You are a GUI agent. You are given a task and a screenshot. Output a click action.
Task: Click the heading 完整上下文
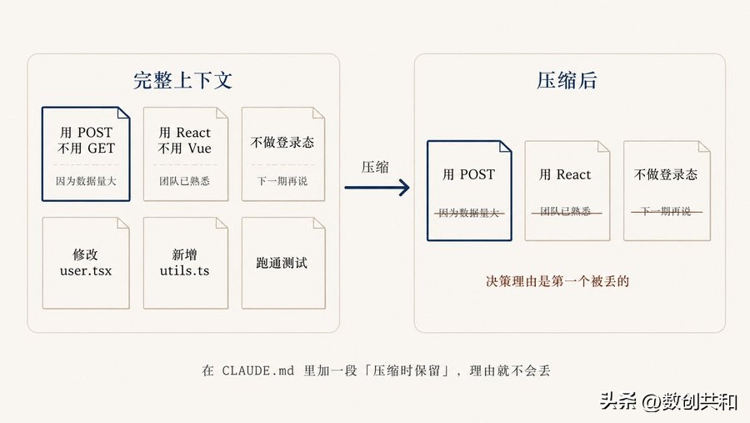coord(182,80)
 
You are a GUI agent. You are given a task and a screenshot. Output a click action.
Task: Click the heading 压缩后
coord(567,80)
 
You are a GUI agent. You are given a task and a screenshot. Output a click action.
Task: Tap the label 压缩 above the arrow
coord(375,166)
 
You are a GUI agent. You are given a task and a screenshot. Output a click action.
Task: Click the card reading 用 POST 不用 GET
coord(86,154)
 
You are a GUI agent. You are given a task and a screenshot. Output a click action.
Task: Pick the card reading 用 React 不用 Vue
coord(184,154)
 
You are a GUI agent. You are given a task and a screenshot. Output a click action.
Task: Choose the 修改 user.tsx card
coord(85,263)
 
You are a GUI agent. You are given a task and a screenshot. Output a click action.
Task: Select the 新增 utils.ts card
coord(184,263)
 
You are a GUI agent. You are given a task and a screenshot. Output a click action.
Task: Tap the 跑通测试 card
coord(282,263)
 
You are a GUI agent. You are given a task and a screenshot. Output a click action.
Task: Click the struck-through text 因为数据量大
coord(468,212)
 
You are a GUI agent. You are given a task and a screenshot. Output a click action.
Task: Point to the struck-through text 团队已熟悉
coord(565,212)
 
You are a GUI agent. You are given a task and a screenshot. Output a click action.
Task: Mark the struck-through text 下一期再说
coord(665,212)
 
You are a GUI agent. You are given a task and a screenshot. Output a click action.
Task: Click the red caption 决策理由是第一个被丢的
coord(557,281)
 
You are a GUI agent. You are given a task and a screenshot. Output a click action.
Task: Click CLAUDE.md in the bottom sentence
coord(258,370)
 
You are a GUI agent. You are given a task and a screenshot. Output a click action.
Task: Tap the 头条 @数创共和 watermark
coord(667,401)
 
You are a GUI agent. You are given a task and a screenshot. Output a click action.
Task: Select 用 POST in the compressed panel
coord(468,174)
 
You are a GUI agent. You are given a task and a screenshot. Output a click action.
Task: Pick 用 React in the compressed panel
coord(565,174)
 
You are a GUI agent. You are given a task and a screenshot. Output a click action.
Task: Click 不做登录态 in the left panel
coord(282,142)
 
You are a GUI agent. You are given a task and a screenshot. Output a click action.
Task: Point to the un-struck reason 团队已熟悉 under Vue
coord(184,180)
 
